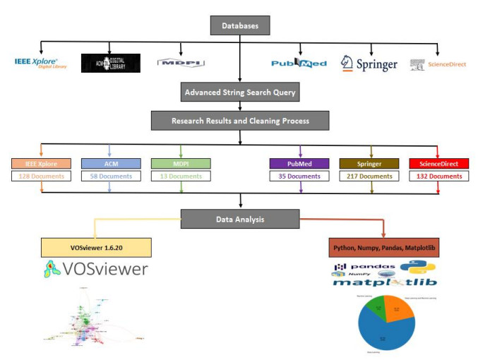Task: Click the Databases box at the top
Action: point(240,25)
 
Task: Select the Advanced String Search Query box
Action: point(240,92)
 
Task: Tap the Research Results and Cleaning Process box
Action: point(240,121)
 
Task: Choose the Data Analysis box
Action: point(240,220)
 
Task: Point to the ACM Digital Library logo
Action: point(110,63)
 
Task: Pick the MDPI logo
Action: point(181,63)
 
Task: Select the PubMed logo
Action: point(299,64)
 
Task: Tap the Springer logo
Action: point(369,64)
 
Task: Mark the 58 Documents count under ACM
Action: point(111,176)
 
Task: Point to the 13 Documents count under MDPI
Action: point(181,176)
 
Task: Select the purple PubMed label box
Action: point(299,164)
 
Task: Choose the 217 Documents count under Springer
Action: point(369,176)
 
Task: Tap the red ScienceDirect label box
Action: point(438,164)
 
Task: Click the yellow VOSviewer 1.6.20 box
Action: point(96,247)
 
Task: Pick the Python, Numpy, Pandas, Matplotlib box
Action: point(383,248)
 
